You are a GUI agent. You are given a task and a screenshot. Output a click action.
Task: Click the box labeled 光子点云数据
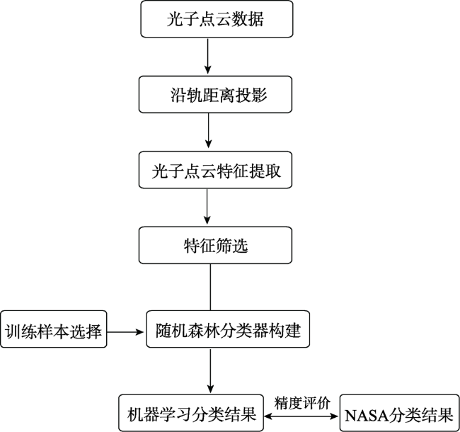pos(217,19)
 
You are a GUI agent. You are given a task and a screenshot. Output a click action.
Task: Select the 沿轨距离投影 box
pos(215,94)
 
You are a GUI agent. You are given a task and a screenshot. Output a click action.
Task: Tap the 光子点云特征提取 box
pos(215,170)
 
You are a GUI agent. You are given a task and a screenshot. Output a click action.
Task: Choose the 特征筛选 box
pos(215,245)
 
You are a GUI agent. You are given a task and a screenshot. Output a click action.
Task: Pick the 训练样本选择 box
pos(53,329)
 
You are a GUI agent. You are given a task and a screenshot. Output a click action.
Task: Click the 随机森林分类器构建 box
pos(228,329)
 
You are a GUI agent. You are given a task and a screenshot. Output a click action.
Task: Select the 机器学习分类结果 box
pos(191,413)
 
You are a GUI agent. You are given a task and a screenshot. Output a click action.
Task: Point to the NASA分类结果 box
pos(400,413)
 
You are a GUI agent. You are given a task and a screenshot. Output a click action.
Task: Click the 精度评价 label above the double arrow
pos(302,403)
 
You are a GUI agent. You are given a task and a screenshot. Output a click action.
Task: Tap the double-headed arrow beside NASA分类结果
pos(301,416)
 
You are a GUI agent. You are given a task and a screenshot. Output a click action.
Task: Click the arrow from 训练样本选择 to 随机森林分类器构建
pos(125,332)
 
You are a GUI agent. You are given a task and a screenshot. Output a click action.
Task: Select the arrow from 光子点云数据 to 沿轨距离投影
pos(207,56)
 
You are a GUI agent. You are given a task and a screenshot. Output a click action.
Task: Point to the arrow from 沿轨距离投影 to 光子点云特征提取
pos(208,130)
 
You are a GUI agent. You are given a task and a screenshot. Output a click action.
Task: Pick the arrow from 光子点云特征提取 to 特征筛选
pos(207,206)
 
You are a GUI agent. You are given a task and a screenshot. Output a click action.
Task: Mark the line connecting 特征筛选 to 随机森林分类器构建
pos(210,288)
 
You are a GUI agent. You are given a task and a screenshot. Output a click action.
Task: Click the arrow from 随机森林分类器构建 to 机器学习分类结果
pos(210,370)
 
